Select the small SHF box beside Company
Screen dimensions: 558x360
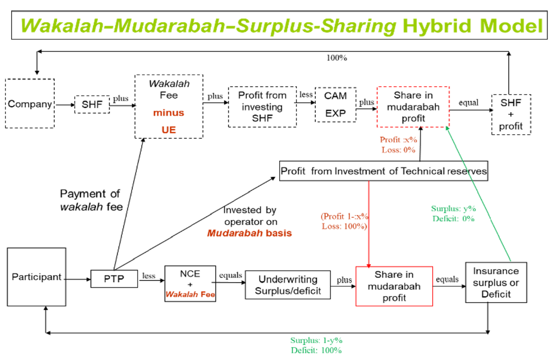coord(92,104)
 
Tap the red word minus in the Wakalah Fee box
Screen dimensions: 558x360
coord(169,113)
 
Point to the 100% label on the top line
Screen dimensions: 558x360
coord(336,58)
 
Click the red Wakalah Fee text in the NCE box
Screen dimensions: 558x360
coord(190,294)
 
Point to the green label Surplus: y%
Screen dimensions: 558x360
coord(453,208)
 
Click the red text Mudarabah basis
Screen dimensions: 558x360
coord(250,233)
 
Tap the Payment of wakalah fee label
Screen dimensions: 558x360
coord(91,200)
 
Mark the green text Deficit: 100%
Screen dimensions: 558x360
coord(316,350)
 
